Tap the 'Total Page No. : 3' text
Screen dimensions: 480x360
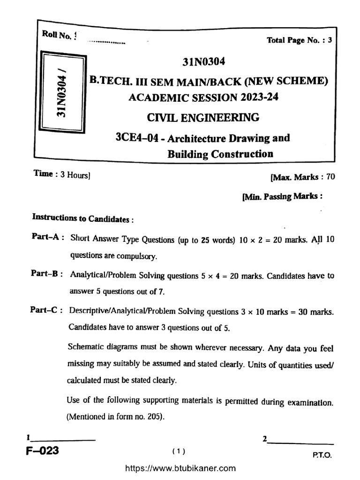coord(299,40)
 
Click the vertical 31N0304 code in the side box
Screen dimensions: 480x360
coord(62,92)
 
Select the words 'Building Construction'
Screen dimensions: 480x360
coord(220,153)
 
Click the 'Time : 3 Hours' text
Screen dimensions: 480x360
coord(62,174)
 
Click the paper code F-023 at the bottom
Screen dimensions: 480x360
coord(43,451)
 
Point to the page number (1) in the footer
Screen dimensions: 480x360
coord(179,451)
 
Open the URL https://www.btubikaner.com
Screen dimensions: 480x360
coord(180,468)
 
